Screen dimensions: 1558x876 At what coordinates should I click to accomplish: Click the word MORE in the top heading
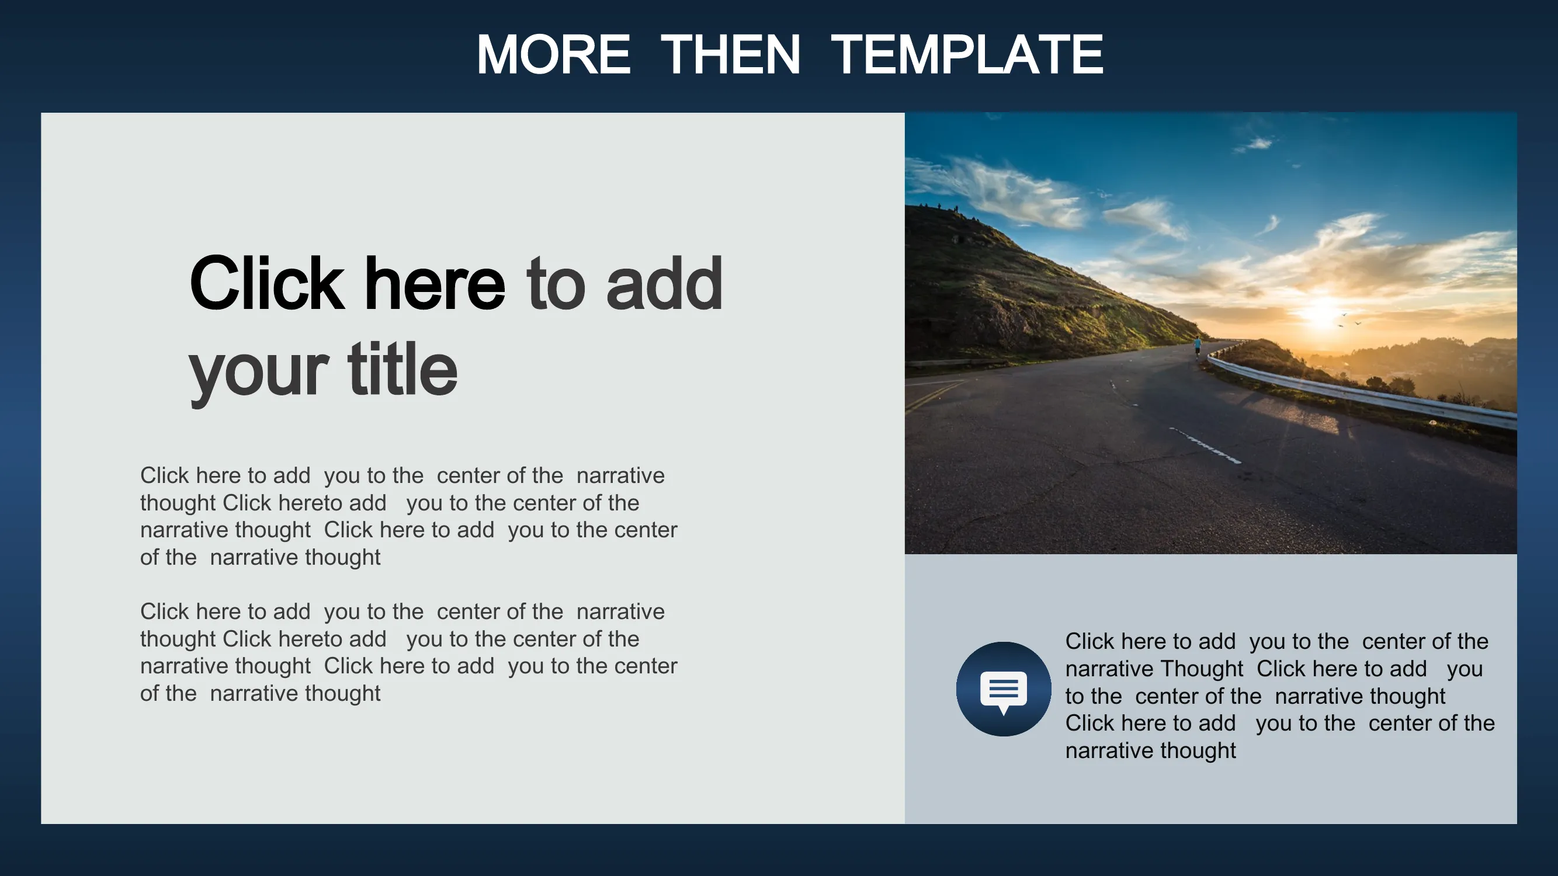click(x=553, y=54)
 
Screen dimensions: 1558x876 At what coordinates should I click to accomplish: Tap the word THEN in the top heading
click(x=731, y=54)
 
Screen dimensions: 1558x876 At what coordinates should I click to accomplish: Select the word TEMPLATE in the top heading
click(x=967, y=54)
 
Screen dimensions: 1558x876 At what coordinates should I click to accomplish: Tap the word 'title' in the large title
click(x=403, y=368)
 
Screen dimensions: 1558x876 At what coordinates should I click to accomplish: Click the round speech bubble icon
click(x=1004, y=689)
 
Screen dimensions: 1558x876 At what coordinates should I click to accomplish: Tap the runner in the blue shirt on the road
click(x=1198, y=347)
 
